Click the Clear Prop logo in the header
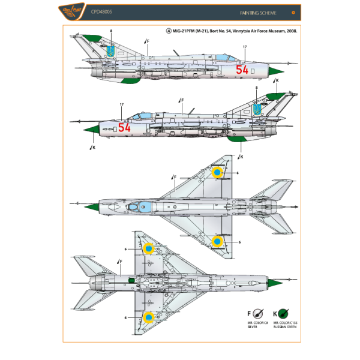point(79,11)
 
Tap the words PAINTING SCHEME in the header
point(254,11)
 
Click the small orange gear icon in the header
point(292,11)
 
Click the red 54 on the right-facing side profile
point(242,70)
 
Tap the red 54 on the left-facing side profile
point(124,127)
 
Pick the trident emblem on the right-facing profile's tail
point(109,52)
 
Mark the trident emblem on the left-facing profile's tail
point(257,110)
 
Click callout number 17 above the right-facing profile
point(244,46)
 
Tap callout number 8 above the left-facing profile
point(256,88)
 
